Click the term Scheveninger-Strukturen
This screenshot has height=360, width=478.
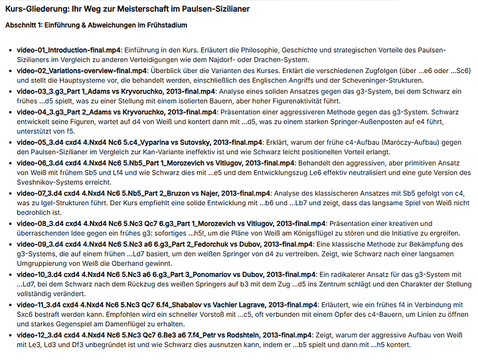click(414, 80)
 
